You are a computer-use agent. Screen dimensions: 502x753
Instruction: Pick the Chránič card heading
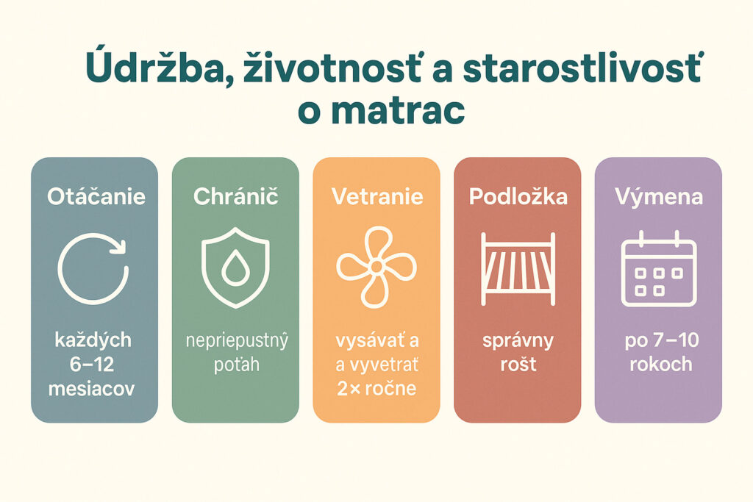pos(235,197)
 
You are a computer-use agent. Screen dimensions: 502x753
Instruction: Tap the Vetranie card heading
pos(376,197)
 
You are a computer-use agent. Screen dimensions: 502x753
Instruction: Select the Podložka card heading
pos(517,197)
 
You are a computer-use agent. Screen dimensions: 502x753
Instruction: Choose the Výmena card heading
pos(659,197)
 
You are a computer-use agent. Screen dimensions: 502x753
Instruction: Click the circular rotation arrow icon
pos(93,268)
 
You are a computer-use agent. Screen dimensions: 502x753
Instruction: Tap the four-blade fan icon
pos(372,267)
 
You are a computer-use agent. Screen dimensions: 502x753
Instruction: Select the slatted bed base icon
pos(518,268)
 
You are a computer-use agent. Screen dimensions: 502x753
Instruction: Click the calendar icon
pos(659,268)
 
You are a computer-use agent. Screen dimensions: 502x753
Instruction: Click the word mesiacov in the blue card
pos(92,389)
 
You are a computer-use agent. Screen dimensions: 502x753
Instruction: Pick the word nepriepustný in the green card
pos(235,341)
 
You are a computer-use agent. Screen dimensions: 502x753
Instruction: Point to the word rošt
pos(518,365)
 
